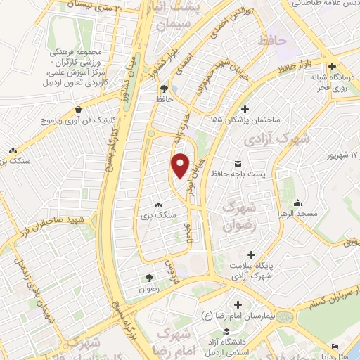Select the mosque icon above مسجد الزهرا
298,202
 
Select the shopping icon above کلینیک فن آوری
78,111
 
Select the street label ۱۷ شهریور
344,154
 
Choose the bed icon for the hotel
335,347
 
